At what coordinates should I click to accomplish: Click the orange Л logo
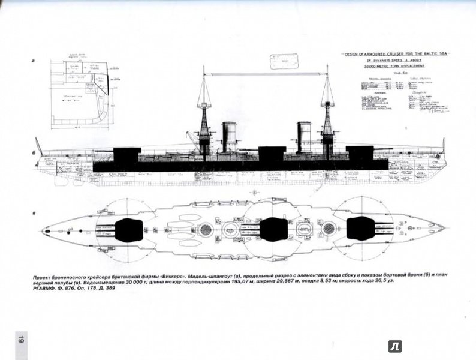click(x=395, y=346)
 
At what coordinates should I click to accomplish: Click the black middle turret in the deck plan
click(x=274, y=230)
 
